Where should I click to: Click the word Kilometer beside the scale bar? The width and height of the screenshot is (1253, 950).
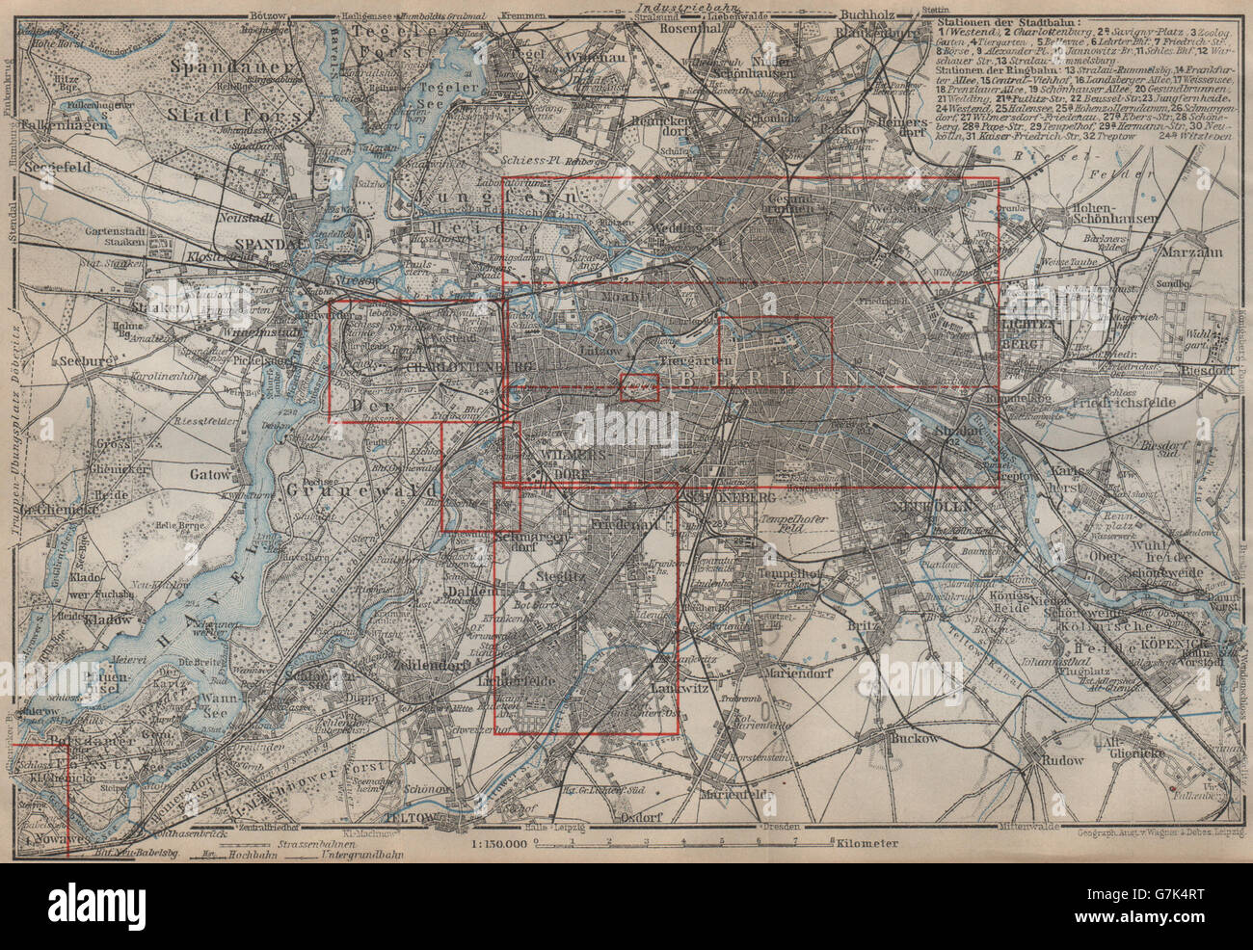click(866, 843)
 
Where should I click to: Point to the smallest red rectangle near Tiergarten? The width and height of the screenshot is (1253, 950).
click(639, 388)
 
